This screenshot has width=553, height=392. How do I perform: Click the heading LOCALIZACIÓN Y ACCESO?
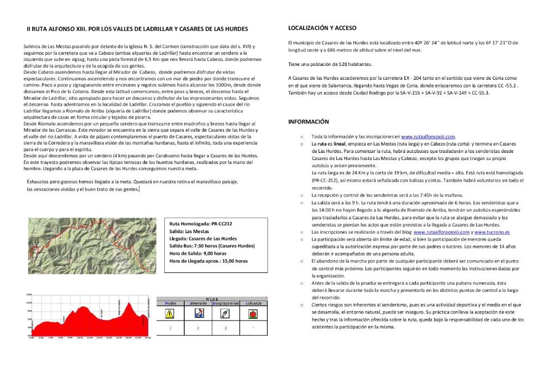[322, 28]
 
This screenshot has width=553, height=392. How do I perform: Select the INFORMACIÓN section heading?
[309, 122]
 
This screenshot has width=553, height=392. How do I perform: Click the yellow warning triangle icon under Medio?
[170, 313]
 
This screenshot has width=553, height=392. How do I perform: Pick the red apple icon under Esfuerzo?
[252, 313]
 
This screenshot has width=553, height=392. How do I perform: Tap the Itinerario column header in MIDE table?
[197, 303]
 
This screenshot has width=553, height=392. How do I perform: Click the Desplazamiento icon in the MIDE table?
[225, 313]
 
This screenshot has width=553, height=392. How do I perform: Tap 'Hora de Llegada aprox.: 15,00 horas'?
[208, 260]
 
